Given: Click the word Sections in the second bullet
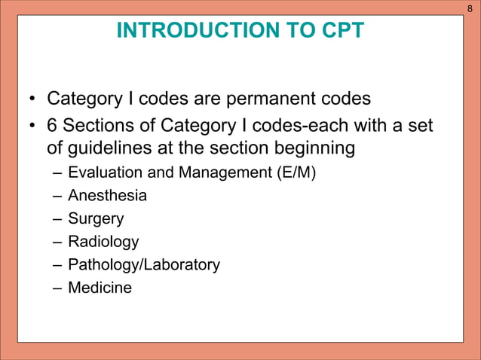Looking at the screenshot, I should point(95,124).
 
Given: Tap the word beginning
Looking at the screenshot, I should point(311,149).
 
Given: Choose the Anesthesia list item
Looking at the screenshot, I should point(107,197).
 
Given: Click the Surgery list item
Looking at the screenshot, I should point(96,219).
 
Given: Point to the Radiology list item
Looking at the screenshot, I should point(103,242).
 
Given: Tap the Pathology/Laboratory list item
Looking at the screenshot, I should point(144,265).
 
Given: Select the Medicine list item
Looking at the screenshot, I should point(100,288).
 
